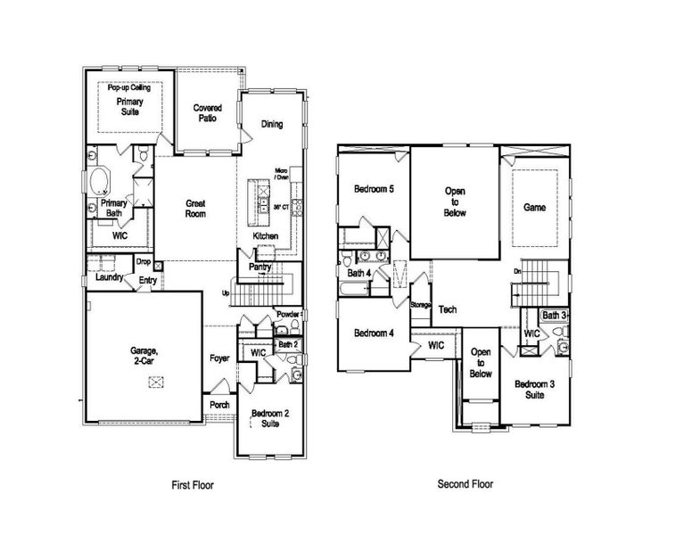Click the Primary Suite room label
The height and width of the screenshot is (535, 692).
(130, 108)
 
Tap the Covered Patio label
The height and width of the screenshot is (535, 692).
(208, 113)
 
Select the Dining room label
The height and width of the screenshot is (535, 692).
(272, 124)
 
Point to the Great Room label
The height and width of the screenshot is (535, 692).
(196, 209)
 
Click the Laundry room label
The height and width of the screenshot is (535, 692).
(109, 277)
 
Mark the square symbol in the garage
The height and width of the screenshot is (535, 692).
(156, 382)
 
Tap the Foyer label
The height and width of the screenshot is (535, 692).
(219, 358)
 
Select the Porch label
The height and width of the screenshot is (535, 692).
(219, 404)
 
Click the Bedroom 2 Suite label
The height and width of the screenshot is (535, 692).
(268, 419)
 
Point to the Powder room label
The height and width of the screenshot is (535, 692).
(287, 314)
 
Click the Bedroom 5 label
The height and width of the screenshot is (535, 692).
(374, 189)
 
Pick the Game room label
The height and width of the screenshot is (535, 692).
(534, 207)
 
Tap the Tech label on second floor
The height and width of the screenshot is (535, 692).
(448, 309)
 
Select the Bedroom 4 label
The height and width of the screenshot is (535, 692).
(374, 333)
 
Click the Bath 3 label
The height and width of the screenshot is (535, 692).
(555, 316)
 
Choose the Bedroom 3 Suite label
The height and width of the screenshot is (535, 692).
(534, 389)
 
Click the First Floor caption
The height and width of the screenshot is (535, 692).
(193, 485)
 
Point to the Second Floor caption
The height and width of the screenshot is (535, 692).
(465, 484)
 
